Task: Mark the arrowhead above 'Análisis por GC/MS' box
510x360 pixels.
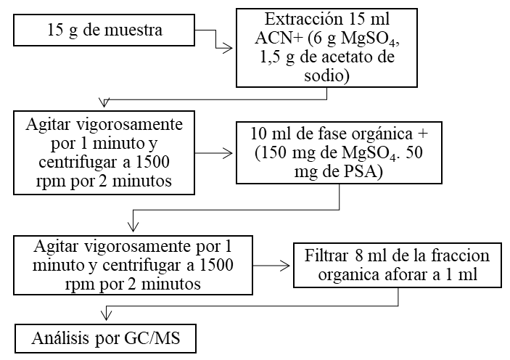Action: click(107, 314)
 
